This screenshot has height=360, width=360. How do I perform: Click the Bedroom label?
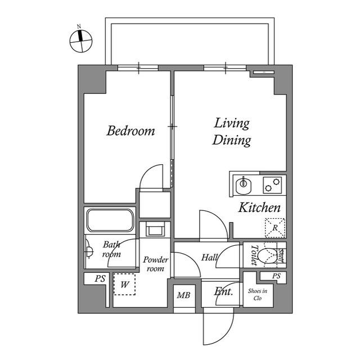[130, 131]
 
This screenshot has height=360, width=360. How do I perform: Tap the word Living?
[232, 124]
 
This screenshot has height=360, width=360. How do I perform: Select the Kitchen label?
[259, 208]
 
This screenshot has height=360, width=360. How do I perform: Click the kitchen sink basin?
[244, 185]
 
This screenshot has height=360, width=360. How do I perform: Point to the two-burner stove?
[272, 185]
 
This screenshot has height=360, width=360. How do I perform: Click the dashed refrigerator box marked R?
[275, 228]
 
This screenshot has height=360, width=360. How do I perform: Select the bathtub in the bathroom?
[110, 220]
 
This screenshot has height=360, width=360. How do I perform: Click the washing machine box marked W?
[124, 284]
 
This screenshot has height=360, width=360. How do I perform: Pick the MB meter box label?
[183, 295]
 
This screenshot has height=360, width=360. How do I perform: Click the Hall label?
[209, 258]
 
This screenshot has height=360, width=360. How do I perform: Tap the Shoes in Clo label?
[258, 295]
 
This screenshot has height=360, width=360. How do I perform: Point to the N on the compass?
[79, 26]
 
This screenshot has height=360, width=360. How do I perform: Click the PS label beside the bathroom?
[100, 279]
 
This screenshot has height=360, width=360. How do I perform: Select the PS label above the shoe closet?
[276, 276]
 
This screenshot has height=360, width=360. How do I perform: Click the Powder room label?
[156, 264]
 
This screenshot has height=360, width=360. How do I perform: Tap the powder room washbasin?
[155, 229]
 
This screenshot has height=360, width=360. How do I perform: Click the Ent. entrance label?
[223, 292]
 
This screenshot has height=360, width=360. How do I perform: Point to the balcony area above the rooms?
[190, 44]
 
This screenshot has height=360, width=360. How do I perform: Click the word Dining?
[231, 140]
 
